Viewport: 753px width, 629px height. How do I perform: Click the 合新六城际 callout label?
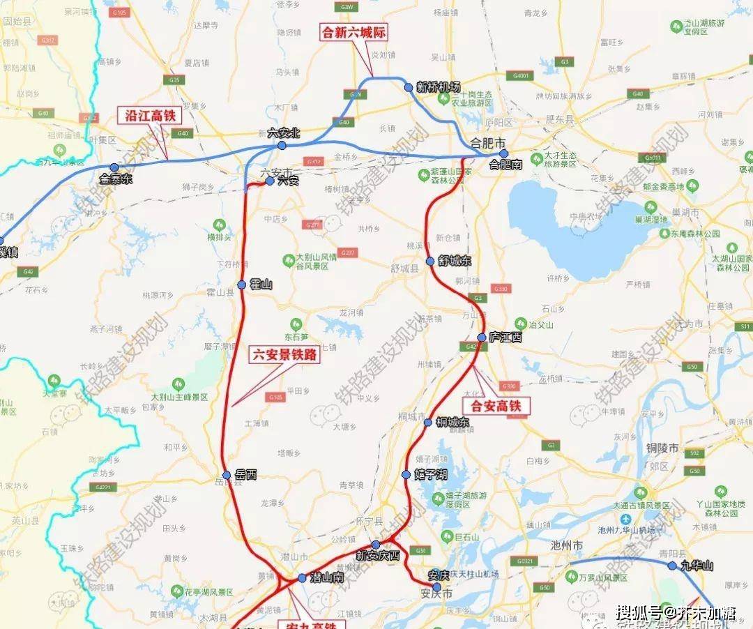coord(353,33)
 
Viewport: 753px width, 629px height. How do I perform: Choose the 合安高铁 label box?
coord(496,405)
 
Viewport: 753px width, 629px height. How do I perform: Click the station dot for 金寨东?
coord(114,167)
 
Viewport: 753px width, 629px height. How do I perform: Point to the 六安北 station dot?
coord(282,145)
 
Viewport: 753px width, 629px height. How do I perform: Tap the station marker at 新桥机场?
coord(409,87)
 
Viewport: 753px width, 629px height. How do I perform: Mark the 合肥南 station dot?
coord(503,153)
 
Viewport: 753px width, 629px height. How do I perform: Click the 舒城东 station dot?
coord(430,261)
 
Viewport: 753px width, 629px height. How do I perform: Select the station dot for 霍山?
coord(241,285)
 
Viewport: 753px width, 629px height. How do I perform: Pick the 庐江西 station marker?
coord(481,338)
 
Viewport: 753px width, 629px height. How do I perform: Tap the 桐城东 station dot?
coord(428,422)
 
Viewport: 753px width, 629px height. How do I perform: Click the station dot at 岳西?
coord(227,474)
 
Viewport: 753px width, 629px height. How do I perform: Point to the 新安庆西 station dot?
coord(376,545)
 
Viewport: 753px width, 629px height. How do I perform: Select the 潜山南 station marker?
coord(301,578)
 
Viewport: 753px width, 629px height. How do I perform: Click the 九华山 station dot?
coord(672,566)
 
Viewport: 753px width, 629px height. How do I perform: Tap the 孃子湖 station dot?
coord(406,474)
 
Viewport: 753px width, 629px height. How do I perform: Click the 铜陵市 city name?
coord(662,448)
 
